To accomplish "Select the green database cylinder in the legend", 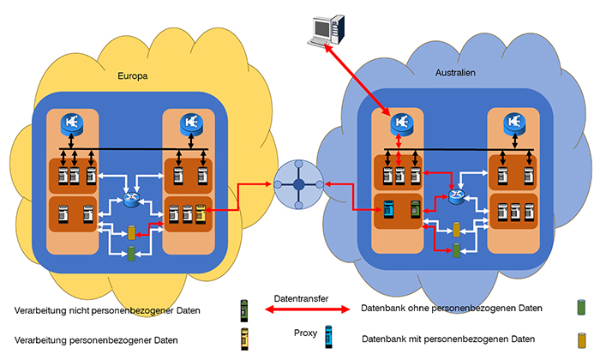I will [580, 307].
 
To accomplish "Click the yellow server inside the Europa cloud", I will [200, 212].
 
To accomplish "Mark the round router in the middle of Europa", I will [131, 200].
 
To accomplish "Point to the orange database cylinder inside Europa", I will [131, 232].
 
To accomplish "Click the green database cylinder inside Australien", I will [456, 250].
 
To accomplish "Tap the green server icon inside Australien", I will [415, 209].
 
